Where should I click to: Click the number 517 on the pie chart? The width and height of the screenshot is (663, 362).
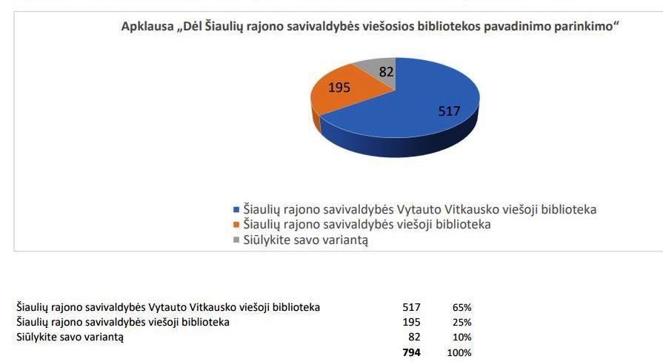pos(449,111)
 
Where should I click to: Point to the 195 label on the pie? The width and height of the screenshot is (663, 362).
pos(339,88)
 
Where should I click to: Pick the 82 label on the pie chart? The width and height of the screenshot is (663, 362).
pos(386,72)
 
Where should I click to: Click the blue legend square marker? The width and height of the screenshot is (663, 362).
pos(236,210)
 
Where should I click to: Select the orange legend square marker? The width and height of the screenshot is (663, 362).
pos(236,225)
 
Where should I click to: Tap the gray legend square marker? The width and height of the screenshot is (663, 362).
pos(236,240)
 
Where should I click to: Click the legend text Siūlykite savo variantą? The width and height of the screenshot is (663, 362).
pos(306,240)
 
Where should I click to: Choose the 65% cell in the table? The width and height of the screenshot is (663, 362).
pos(462,307)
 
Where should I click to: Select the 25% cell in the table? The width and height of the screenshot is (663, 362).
pos(462,322)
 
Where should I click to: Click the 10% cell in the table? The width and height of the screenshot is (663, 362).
pos(462,338)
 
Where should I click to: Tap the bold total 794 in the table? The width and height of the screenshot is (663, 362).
pos(411,353)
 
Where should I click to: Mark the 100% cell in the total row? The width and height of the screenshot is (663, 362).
pos(459,353)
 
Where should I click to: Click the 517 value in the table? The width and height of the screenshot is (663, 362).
pos(411,307)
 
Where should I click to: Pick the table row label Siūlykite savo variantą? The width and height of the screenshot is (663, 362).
pos(70,338)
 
